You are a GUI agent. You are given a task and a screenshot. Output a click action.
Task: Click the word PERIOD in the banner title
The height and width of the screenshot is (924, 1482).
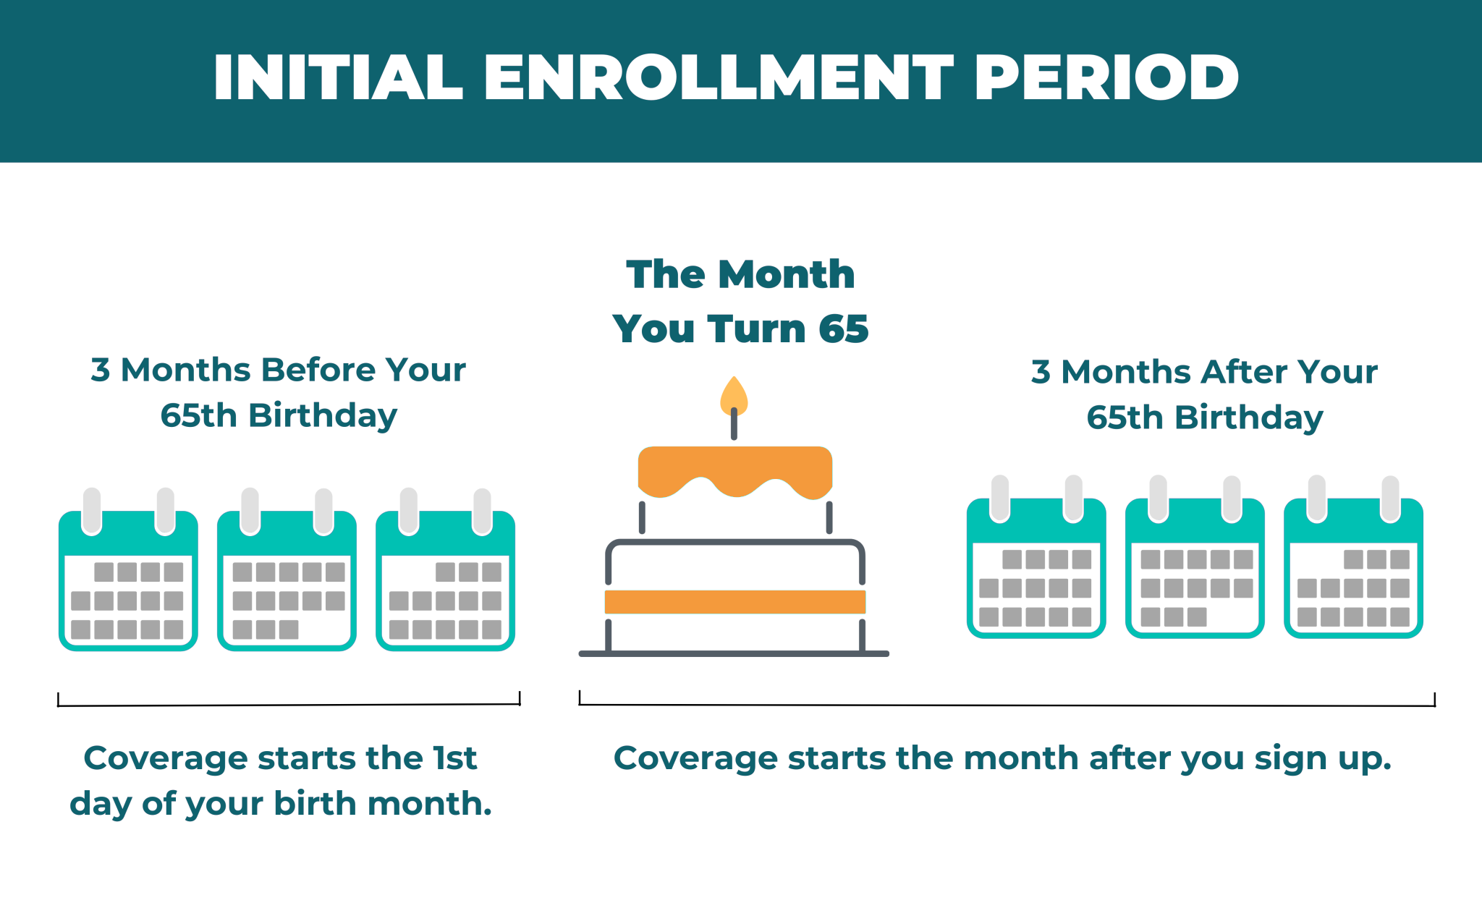click(1106, 77)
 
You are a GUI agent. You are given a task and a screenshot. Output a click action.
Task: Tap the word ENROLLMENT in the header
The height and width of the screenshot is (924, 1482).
click(719, 77)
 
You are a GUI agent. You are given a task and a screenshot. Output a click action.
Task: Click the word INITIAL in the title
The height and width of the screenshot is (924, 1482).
click(338, 77)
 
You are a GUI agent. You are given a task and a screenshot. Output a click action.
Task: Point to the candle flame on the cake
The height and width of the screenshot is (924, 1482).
click(734, 395)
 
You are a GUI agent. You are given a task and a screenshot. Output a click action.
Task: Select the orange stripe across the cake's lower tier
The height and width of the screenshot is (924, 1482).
click(735, 602)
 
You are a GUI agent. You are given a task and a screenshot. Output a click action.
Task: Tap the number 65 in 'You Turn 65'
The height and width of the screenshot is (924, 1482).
click(843, 329)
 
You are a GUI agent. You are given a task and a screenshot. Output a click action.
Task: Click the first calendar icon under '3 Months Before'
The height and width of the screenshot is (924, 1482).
click(128, 569)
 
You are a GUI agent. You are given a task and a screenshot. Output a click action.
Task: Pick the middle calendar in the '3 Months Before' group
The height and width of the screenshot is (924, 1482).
click(287, 569)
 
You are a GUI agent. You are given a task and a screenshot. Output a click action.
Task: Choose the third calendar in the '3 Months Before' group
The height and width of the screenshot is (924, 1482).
click(445, 569)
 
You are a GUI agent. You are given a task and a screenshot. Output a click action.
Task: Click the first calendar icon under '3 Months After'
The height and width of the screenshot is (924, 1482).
click(1036, 556)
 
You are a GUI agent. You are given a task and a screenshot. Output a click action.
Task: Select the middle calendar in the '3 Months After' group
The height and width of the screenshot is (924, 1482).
click(1195, 556)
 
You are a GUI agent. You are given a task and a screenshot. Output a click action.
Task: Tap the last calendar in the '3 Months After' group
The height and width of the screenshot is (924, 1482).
click(1353, 556)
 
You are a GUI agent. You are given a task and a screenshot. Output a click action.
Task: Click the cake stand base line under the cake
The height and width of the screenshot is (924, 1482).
click(734, 654)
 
